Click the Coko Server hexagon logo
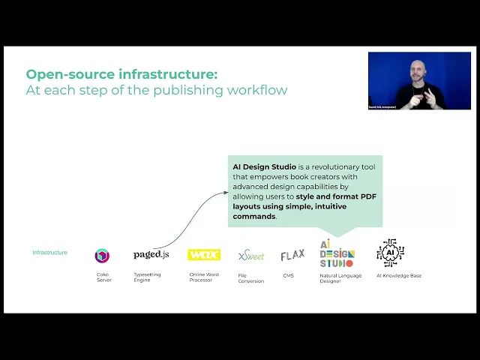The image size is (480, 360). [x=102, y=256]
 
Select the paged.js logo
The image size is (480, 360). [x=151, y=255]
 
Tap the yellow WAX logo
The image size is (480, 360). [x=203, y=255]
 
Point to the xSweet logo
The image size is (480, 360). [x=251, y=256]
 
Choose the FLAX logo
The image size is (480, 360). [x=292, y=255]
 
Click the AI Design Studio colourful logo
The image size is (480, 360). [x=337, y=253]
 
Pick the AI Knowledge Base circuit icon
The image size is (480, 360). [x=390, y=253]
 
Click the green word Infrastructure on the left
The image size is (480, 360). [x=49, y=253]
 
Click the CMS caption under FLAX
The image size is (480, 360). [x=289, y=275]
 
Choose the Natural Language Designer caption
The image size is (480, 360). [x=340, y=277]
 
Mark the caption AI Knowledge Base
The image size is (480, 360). [x=399, y=275]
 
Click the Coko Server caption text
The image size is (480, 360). [x=103, y=277]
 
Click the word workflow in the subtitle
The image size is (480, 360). [x=259, y=90]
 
